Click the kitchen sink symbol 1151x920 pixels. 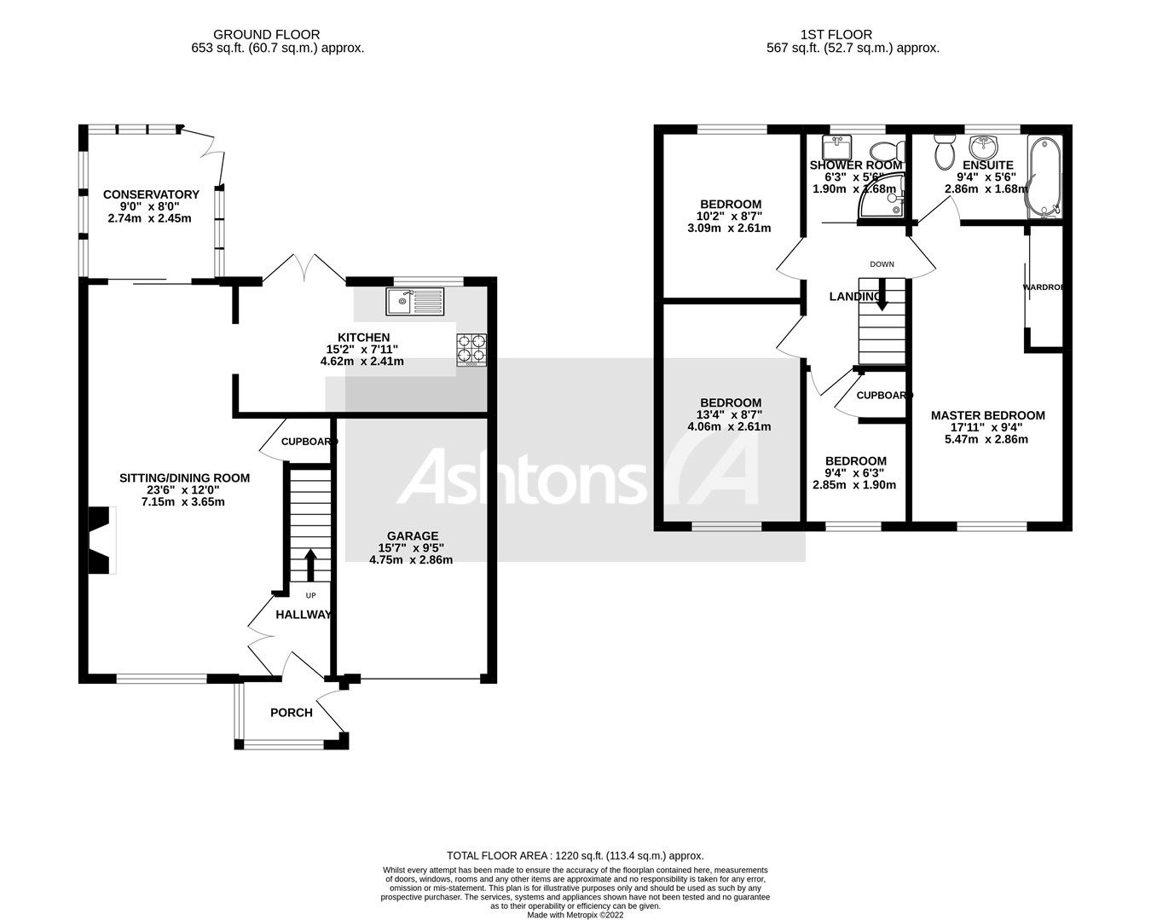[x=414, y=299]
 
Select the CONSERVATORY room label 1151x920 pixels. [x=151, y=194]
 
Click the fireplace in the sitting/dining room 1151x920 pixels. [x=101, y=541]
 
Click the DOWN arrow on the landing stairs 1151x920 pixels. [x=882, y=293]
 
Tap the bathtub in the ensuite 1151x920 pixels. [x=1044, y=176]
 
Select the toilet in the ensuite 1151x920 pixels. [x=944, y=151]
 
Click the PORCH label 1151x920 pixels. [x=292, y=713]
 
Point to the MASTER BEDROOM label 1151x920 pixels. [x=987, y=415]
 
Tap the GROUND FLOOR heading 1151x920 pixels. [x=267, y=35]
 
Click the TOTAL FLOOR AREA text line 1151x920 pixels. [x=575, y=855]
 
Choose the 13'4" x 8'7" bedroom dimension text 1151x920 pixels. [x=731, y=415]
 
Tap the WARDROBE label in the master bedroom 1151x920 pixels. [x=1044, y=287]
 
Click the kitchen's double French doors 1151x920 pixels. [x=304, y=269]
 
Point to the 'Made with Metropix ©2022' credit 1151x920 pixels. [x=575, y=915]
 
